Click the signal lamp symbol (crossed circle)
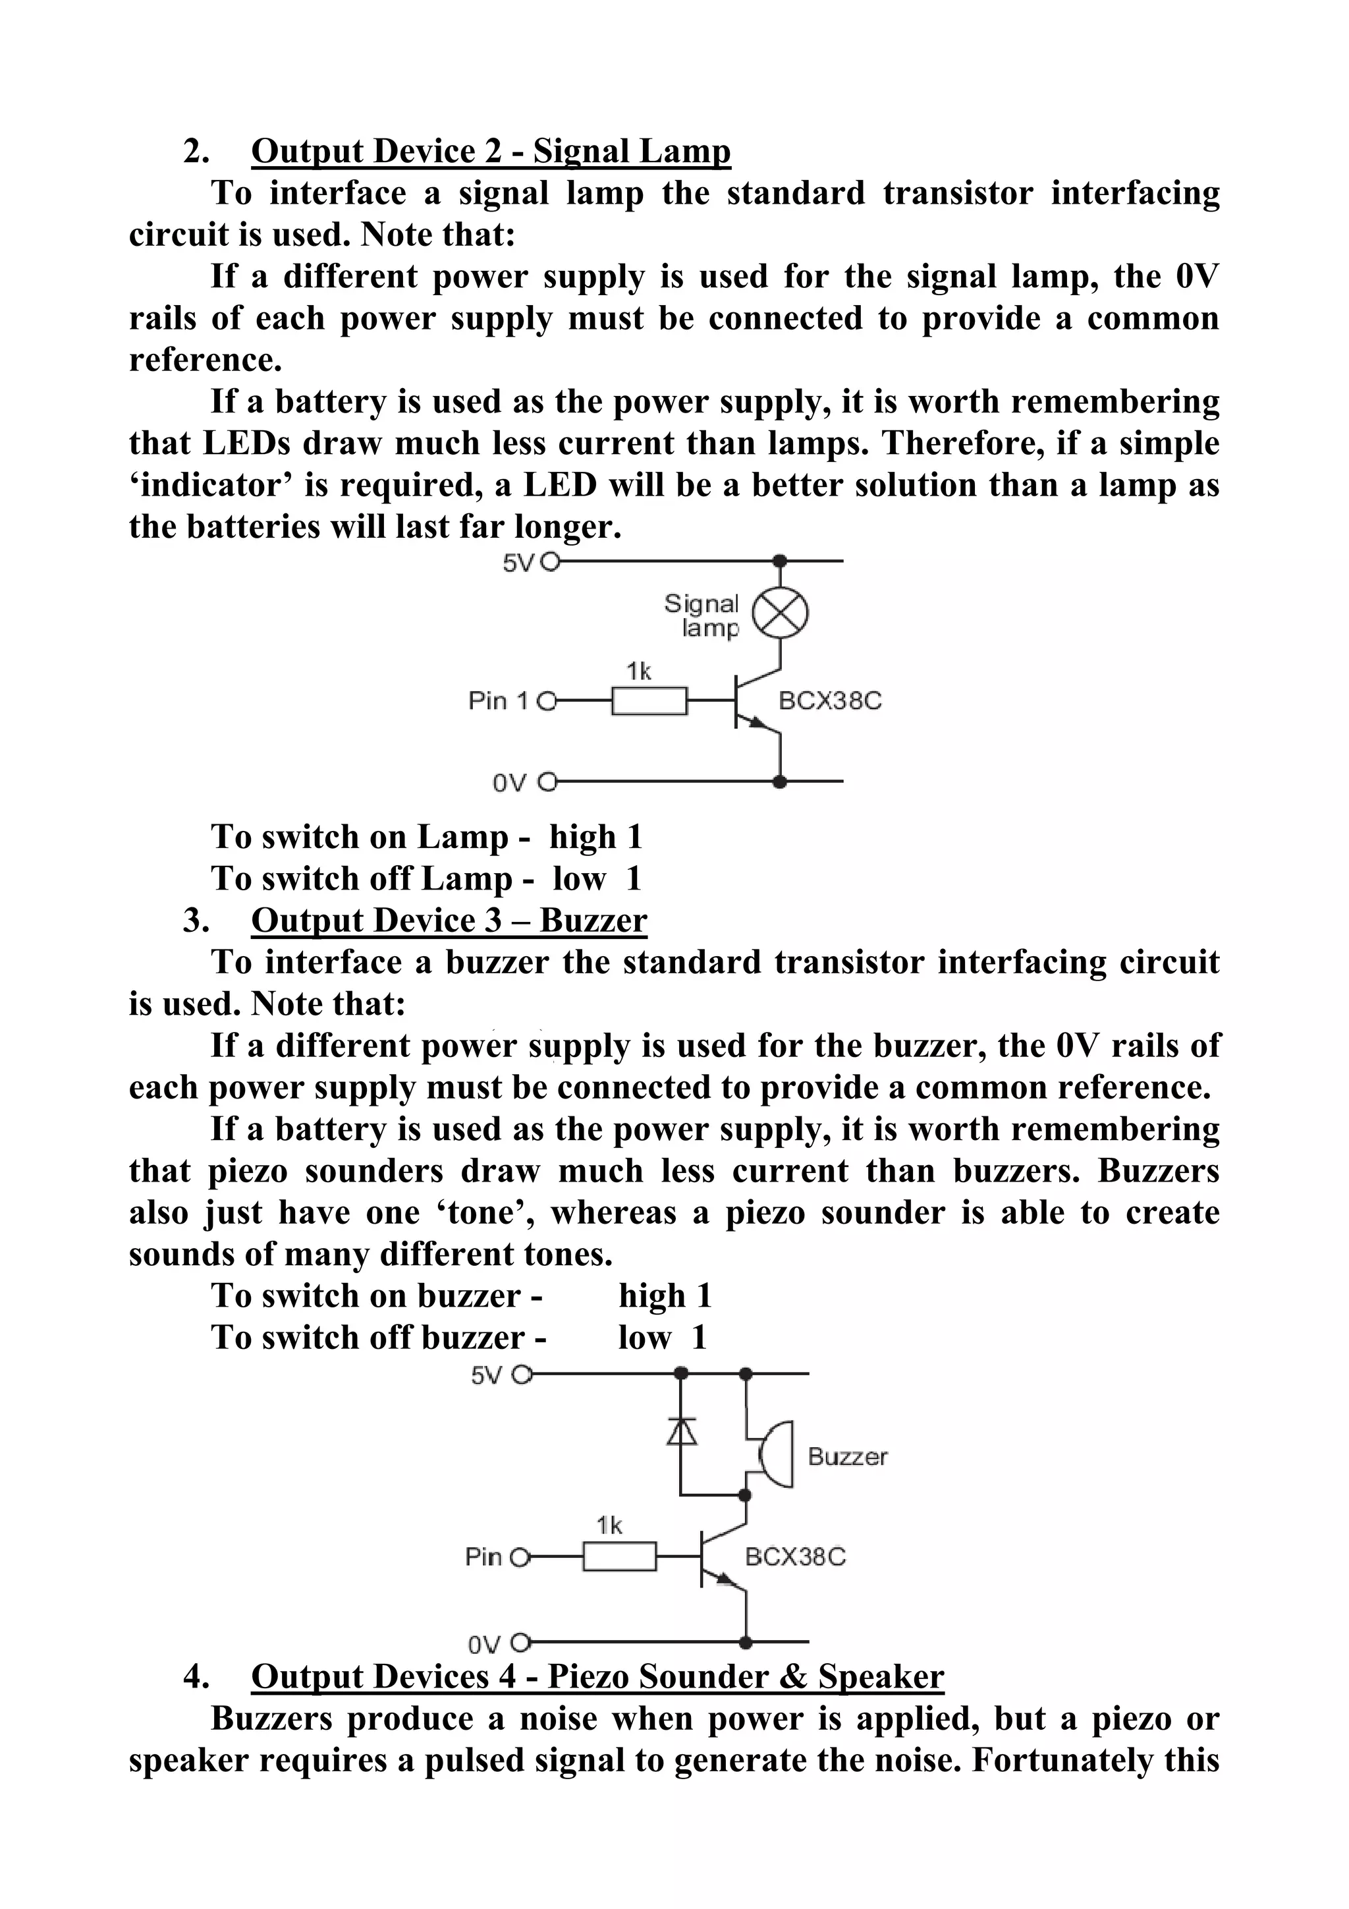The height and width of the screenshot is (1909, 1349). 780,614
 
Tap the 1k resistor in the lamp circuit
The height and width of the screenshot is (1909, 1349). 649,701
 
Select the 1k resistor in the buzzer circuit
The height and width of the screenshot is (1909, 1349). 619,1556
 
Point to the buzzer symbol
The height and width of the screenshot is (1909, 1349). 773,1454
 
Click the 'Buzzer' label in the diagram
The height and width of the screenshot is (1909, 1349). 847,1457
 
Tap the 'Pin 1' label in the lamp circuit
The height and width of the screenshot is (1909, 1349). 498,701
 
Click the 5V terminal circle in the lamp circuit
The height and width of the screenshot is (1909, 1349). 549,563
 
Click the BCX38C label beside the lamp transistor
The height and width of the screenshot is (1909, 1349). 829,701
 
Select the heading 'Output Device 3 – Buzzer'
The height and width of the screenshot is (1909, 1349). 449,921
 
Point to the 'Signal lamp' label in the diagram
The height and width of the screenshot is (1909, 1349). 702,615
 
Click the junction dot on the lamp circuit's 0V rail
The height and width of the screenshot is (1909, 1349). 780,782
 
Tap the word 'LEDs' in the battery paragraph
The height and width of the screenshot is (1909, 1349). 246,443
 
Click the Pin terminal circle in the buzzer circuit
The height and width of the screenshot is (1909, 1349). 520,1557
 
